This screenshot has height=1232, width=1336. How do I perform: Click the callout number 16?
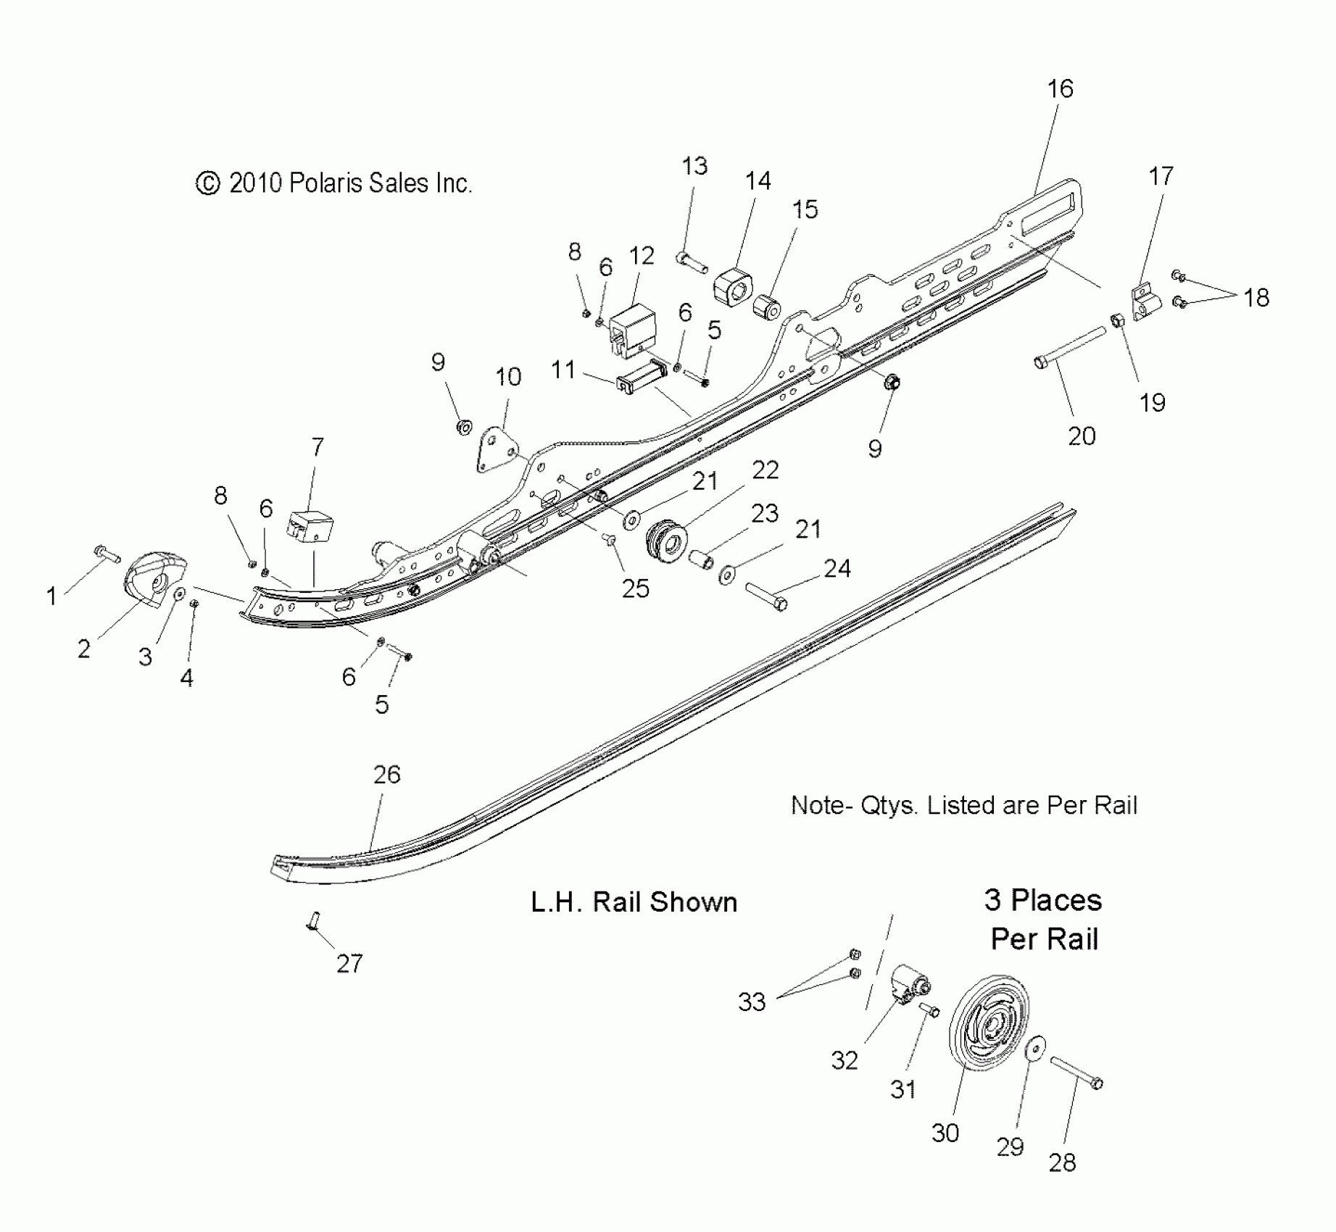[x=1060, y=89]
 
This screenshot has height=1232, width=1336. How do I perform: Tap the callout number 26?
[x=387, y=775]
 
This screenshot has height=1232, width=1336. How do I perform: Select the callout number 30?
[x=945, y=1133]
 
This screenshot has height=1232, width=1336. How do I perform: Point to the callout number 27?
[x=349, y=964]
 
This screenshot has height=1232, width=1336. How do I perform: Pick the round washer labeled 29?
[x=1036, y=1048]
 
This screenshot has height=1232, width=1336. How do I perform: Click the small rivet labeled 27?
[x=314, y=922]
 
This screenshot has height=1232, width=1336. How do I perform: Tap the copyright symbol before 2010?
[x=208, y=184]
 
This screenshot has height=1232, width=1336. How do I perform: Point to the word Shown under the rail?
[x=693, y=902]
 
